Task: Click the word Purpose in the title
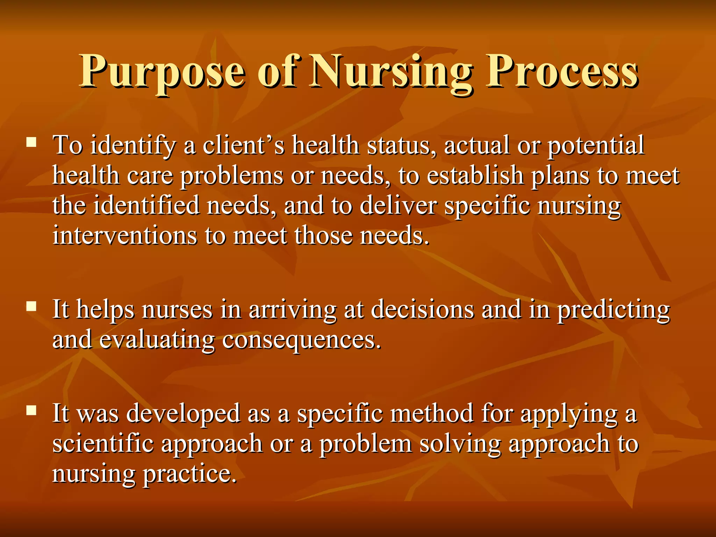coord(163,72)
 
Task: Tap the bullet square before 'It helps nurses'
coord(31,307)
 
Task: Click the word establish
coord(475,176)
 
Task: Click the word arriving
coord(292,310)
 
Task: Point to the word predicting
coord(613,310)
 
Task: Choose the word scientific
coord(103,444)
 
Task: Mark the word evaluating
coord(157,340)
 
